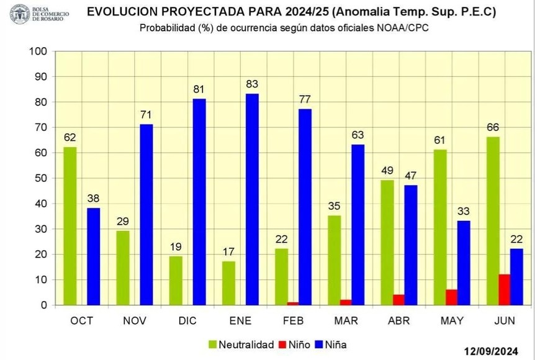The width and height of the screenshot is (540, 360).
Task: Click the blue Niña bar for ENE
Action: pyautogui.click(x=252, y=199)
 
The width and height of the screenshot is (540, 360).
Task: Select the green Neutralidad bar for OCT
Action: pyautogui.click(x=70, y=226)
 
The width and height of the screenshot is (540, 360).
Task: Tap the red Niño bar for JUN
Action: pyautogui.click(x=504, y=290)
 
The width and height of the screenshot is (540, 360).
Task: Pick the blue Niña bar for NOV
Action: pyautogui.click(x=146, y=215)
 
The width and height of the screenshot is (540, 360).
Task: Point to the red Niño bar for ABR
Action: pyautogui.click(x=398, y=300)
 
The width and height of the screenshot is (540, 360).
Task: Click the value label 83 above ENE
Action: pyautogui.click(x=252, y=84)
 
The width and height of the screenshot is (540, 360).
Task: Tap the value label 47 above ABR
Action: pyautogui.click(x=411, y=175)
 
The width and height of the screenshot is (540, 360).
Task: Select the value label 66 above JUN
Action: pyautogui.click(x=492, y=127)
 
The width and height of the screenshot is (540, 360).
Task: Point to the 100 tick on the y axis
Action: pyautogui.click(x=39, y=52)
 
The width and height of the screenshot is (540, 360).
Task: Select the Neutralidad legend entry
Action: pyautogui.click(x=241, y=344)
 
